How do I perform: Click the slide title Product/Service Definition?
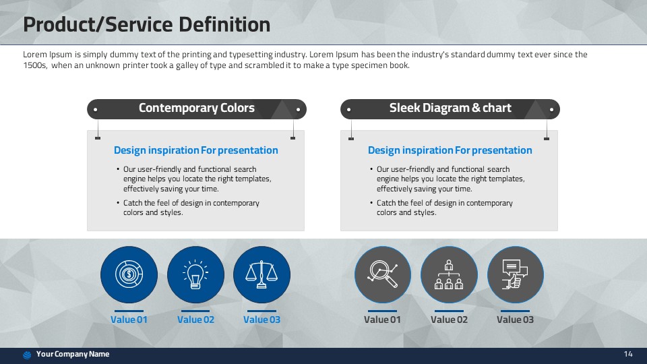click(146, 25)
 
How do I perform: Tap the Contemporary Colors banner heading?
click(196, 108)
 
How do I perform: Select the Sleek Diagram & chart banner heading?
click(450, 108)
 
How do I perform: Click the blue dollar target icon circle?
click(129, 274)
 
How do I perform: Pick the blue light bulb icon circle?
click(195, 274)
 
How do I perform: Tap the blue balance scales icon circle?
click(261, 274)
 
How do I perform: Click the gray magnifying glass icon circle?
click(383, 274)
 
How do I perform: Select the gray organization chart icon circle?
click(449, 274)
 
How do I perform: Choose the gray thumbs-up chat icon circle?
click(516, 274)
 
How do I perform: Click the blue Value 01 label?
click(129, 320)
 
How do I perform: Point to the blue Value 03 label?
click(261, 320)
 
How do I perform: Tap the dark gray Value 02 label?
click(449, 320)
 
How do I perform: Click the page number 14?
click(628, 354)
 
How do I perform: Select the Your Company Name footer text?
click(73, 354)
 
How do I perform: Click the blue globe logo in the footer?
click(27, 355)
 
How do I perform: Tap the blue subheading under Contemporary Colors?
click(196, 150)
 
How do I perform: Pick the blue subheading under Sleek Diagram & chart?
click(450, 150)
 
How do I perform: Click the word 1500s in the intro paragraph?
click(34, 65)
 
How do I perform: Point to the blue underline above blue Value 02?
click(195, 311)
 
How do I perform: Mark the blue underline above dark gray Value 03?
click(515, 311)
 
